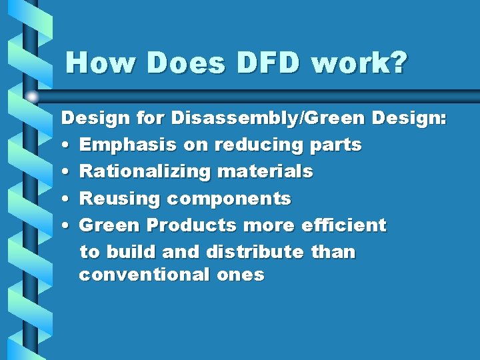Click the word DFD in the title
tap(268, 63)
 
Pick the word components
tap(229, 199)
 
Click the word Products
tap(192, 225)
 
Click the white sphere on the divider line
tap(32, 97)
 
